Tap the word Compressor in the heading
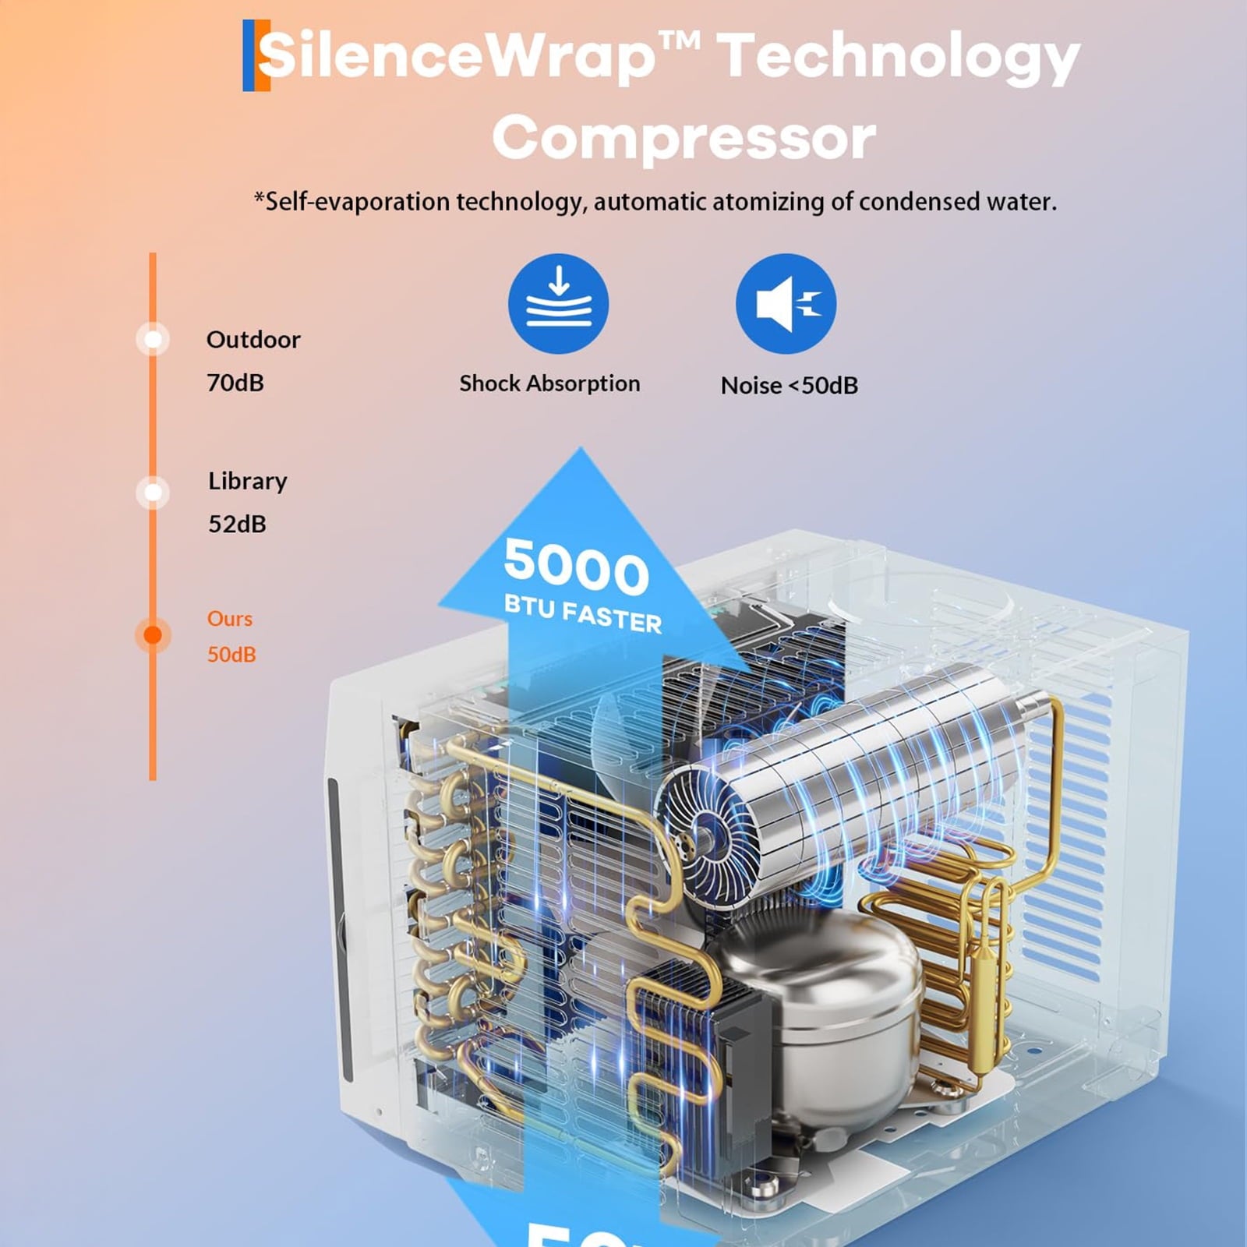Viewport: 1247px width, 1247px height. point(684,138)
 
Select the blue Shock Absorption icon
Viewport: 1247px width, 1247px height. point(558,303)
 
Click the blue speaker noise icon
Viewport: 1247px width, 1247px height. point(786,303)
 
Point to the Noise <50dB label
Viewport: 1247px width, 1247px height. point(789,385)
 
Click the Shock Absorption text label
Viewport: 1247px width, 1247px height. point(549,383)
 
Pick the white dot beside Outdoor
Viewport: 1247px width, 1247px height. point(154,339)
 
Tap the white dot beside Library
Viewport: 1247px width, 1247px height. point(154,493)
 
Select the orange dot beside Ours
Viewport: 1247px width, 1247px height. point(153,635)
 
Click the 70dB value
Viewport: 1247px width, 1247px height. point(235,383)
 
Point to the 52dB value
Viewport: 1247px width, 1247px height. point(237,524)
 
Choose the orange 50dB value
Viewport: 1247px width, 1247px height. point(231,654)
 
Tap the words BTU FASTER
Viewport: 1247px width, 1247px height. point(583,613)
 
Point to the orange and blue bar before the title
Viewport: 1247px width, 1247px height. point(256,56)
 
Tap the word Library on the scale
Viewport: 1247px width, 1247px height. point(247,481)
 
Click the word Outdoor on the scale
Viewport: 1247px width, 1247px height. point(253,340)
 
